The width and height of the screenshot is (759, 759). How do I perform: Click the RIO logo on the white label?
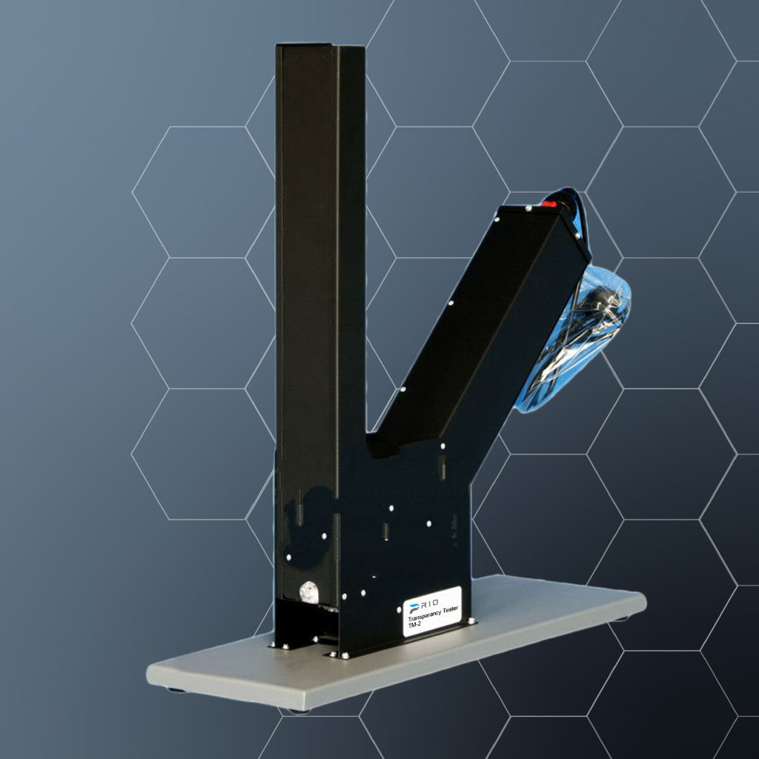(x=423, y=605)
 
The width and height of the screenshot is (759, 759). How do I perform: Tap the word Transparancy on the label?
(x=424, y=615)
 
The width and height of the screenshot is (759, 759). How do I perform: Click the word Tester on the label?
(x=450, y=610)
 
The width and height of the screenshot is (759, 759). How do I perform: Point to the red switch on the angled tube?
(x=549, y=204)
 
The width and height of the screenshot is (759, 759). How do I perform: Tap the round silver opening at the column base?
(x=309, y=592)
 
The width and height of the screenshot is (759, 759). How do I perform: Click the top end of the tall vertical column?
(x=319, y=46)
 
